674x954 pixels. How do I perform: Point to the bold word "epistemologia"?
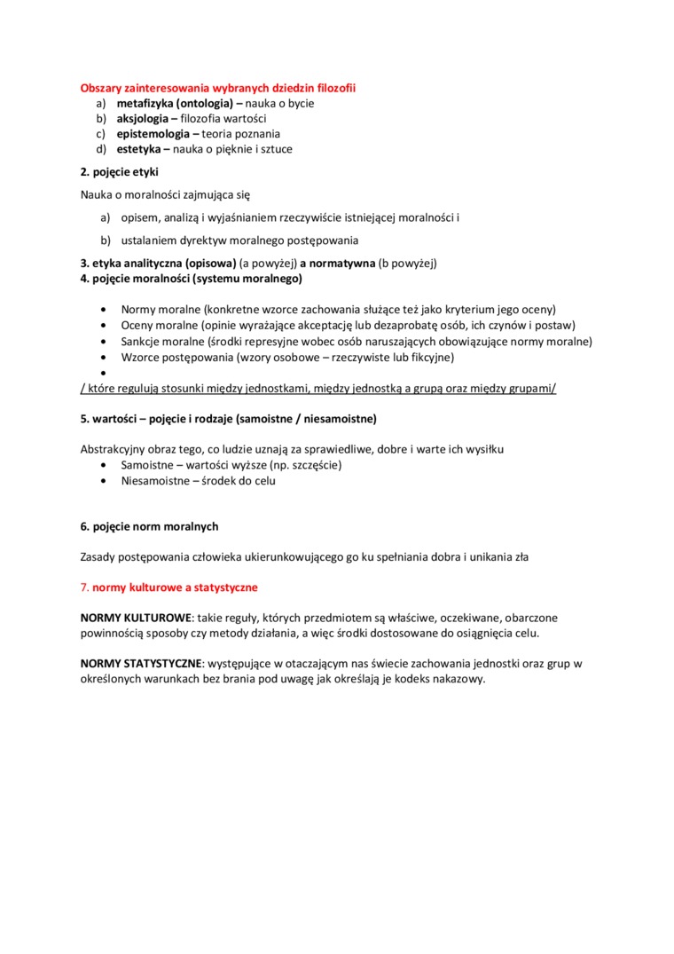coord(154,134)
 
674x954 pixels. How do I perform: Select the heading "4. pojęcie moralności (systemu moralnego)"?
coord(191,279)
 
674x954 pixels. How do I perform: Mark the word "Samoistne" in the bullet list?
coord(149,464)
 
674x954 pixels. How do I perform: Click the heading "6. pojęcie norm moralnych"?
coord(149,526)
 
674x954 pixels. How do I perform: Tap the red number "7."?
coord(84,587)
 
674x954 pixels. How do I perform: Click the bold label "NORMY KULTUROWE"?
coord(136,617)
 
